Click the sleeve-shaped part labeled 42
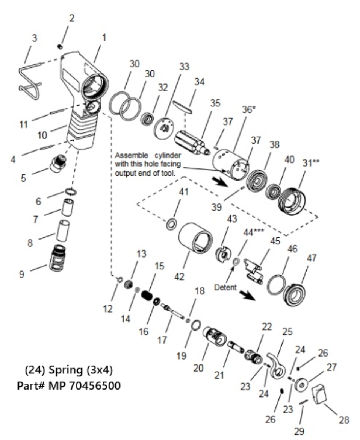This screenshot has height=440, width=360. coord(195,241)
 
